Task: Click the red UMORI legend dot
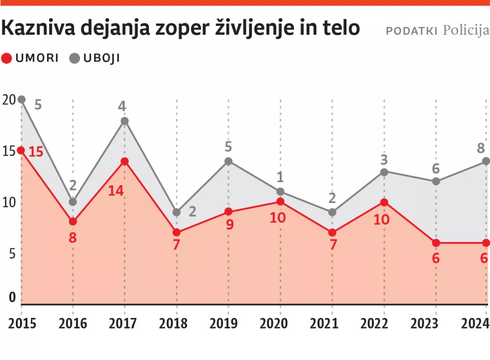point(7,58)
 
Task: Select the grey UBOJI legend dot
point(75,58)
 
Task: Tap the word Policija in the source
point(465,30)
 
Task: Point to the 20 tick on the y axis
point(9,99)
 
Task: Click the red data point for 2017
point(124,161)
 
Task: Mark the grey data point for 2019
point(228,161)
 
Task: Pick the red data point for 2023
point(436,243)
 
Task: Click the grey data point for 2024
point(487,161)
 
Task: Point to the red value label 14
point(116,190)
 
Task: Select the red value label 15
point(36,151)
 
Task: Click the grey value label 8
point(481,147)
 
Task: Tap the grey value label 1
point(281,177)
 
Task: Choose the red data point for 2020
point(280,201)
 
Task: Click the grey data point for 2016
point(73,201)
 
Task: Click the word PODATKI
point(412,31)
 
